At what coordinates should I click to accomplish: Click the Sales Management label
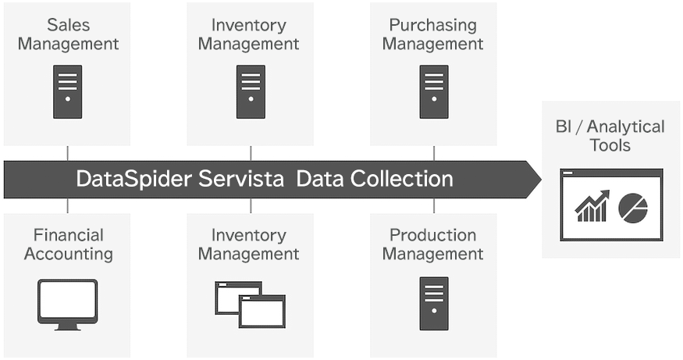[68, 34]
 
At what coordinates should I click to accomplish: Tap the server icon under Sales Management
[68, 91]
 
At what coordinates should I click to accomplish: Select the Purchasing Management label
[432, 34]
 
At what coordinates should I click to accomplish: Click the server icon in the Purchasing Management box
[434, 91]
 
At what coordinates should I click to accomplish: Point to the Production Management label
[432, 244]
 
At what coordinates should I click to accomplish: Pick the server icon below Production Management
[434, 303]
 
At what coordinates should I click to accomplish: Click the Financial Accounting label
[68, 244]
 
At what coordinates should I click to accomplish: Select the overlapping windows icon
[250, 305]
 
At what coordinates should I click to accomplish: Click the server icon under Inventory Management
[251, 91]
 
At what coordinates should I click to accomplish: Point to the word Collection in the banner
[401, 180]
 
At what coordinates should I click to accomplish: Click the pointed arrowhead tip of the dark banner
[539, 180]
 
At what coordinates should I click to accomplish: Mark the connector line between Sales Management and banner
[68, 153]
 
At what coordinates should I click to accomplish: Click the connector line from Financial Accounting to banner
[68, 206]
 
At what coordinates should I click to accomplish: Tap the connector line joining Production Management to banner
[434, 206]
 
